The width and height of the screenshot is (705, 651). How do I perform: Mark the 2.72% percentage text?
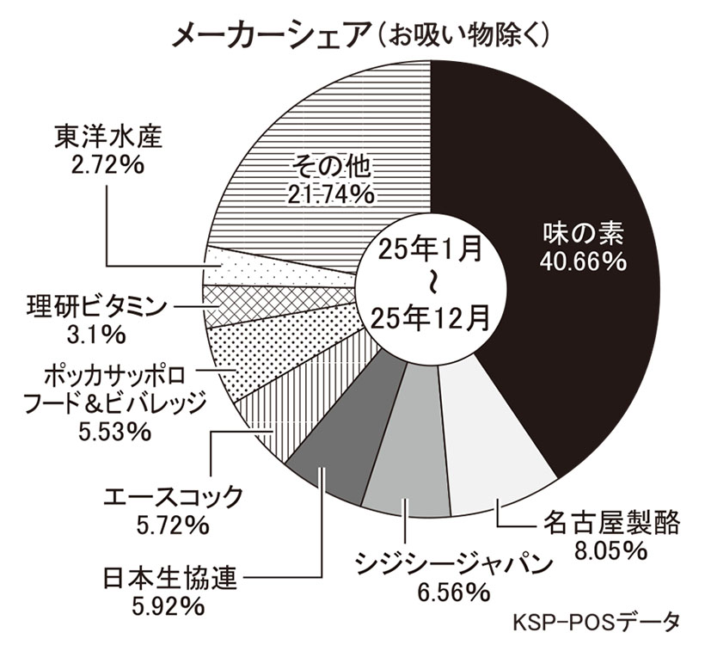click(107, 164)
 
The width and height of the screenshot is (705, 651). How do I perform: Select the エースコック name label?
click(171, 497)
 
